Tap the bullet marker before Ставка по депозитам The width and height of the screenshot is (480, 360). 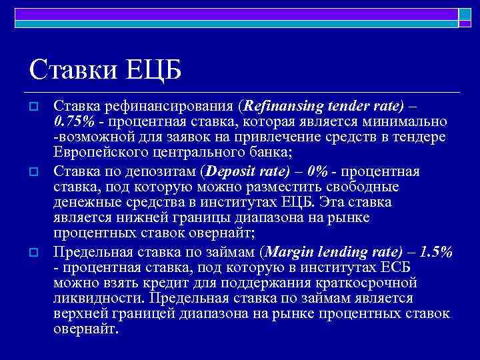35,172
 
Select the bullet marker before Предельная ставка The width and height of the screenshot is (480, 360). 35,252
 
